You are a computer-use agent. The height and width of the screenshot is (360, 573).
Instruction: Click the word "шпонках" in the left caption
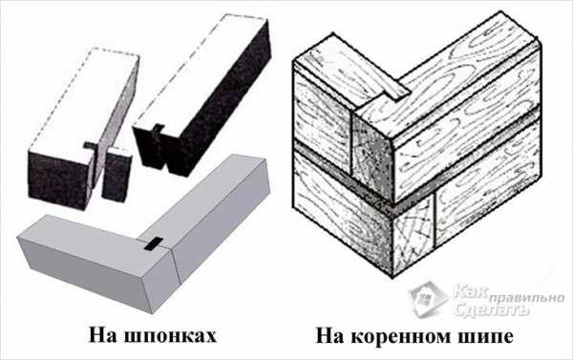(170, 335)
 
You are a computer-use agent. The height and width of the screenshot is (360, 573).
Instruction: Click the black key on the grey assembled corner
(153, 244)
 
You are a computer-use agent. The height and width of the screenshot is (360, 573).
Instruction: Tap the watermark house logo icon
(429, 298)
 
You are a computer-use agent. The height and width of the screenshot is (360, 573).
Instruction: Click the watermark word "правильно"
(526, 298)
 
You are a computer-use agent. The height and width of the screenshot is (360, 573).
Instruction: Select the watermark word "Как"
(470, 291)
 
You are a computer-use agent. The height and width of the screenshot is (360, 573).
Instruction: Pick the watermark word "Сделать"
(491, 310)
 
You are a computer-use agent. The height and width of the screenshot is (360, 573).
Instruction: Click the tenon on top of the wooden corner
(395, 89)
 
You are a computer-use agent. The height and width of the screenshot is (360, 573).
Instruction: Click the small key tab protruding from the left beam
(91, 146)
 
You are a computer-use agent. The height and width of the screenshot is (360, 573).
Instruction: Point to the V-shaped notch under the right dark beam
(166, 159)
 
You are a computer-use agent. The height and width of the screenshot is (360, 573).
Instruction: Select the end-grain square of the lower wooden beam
(414, 235)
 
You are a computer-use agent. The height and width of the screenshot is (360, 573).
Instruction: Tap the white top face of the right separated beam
(201, 74)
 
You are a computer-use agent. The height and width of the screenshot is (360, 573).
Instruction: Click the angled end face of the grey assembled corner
(160, 279)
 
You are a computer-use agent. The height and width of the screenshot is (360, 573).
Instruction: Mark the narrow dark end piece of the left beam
(116, 175)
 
